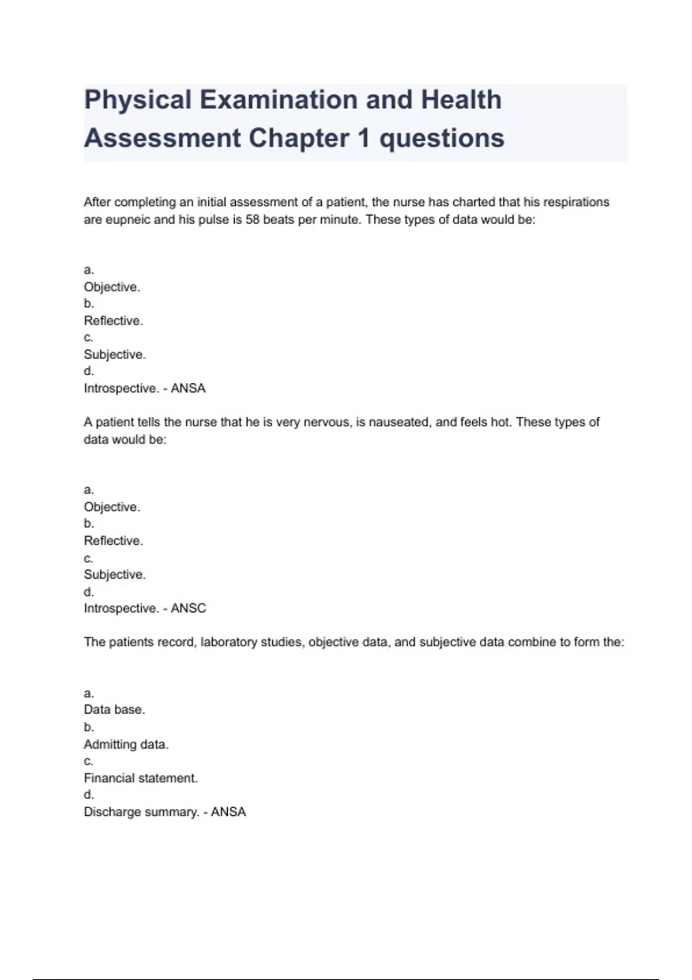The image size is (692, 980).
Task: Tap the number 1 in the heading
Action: tap(363, 138)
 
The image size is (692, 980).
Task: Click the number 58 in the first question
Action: tap(253, 220)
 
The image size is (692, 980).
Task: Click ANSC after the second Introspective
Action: tap(188, 608)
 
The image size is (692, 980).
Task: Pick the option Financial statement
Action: tap(141, 778)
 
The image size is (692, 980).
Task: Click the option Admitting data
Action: tap(126, 744)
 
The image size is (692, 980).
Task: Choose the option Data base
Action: tap(114, 710)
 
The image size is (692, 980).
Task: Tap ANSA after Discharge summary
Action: tap(228, 812)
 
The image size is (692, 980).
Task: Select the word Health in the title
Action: tap(461, 100)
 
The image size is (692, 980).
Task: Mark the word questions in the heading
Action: tap(442, 138)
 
